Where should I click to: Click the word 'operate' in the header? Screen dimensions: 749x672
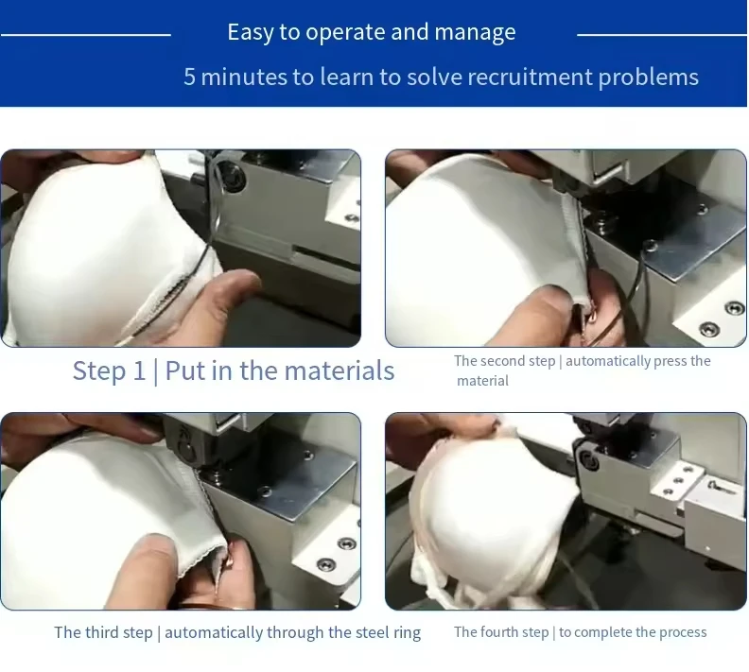click(x=345, y=33)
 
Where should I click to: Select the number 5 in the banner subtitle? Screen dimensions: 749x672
click(x=189, y=77)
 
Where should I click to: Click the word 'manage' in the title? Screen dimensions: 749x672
click(x=475, y=33)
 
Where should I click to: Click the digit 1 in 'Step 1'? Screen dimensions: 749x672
click(x=139, y=370)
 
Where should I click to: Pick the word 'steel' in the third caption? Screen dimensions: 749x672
click(x=372, y=632)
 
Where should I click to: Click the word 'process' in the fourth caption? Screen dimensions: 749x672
click(x=683, y=633)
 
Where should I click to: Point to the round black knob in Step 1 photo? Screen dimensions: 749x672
click(x=233, y=176)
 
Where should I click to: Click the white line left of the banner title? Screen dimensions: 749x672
click(x=85, y=35)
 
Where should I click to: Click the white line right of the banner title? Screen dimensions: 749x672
click(x=662, y=35)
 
